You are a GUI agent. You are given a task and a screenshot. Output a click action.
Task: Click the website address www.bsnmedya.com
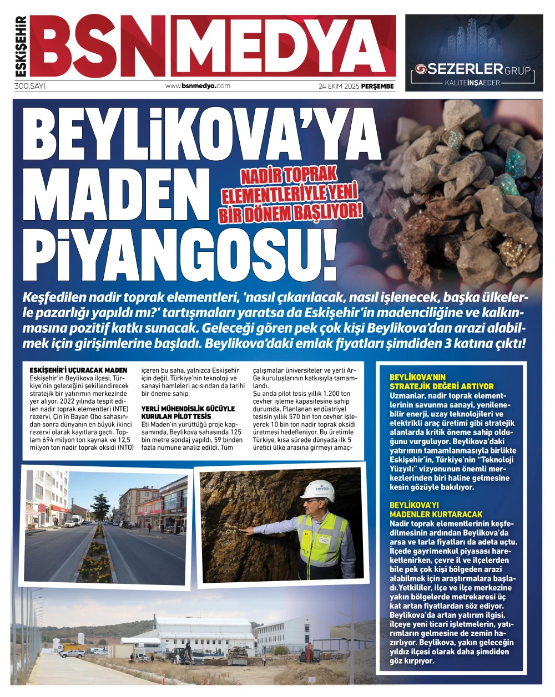click(x=198, y=86)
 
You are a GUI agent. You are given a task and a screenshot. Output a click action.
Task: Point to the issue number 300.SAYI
click(x=30, y=86)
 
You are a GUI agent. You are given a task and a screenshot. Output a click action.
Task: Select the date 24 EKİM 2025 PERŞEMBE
click(x=356, y=86)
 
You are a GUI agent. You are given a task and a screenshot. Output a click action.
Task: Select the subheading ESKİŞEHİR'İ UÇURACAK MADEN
click(x=78, y=370)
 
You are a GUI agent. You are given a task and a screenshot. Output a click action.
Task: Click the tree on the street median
click(x=102, y=507)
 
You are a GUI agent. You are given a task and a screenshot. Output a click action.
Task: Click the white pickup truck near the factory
click(x=73, y=653)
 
